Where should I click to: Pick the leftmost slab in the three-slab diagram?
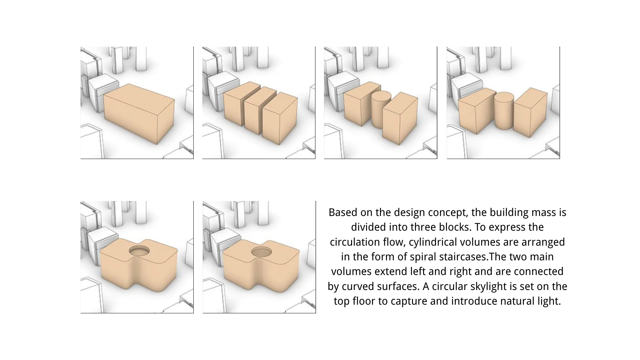click(241, 103)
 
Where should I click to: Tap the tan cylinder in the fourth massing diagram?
click(504, 111)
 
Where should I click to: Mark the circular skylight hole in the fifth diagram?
click(139, 251)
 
